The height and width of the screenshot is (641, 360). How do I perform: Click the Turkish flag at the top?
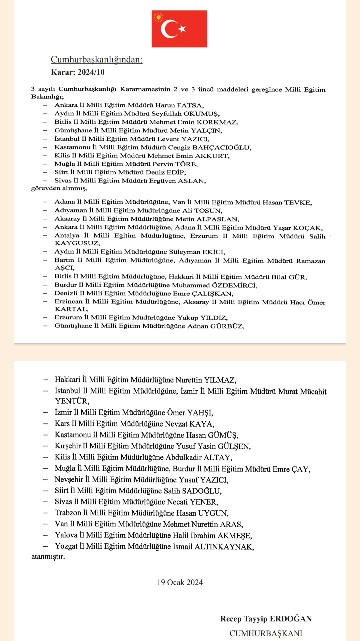[x=179, y=29]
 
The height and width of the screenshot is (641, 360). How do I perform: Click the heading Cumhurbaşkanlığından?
[x=96, y=60]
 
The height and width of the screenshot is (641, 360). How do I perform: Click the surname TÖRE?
[x=186, y=164]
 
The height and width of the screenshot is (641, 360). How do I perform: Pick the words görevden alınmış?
[x=59, y=188]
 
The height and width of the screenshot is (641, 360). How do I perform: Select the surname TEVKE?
[x=298, y=202]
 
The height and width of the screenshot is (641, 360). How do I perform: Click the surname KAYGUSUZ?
[x=77, y=243]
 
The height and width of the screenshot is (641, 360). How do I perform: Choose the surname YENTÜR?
[x=72, y=401]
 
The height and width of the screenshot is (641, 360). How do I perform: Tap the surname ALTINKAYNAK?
[x=224, y=546]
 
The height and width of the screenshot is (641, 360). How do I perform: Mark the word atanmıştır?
[x=48, y=557]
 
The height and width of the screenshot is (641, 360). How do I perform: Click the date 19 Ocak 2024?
[x=180, y=582]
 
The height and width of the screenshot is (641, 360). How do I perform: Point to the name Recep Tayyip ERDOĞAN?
[x=266, y=619]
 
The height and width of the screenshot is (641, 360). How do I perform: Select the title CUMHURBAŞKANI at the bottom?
[x=266, y=633]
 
